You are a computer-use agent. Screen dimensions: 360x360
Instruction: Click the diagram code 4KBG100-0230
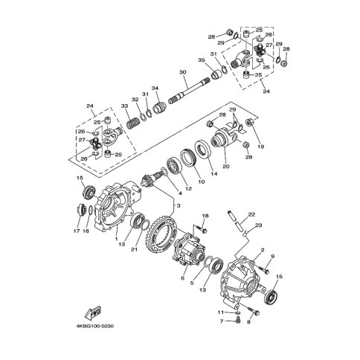[95, 326]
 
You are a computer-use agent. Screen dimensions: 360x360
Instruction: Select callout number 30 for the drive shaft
[182, 72]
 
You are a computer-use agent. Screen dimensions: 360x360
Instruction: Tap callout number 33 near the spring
[124, 106]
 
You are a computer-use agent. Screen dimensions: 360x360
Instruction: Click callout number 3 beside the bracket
[179, 205]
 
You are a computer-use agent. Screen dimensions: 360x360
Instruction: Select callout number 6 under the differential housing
[183, 278]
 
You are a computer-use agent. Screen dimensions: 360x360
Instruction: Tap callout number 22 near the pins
[251, 215]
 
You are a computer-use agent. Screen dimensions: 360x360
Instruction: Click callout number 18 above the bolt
[205, 216]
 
